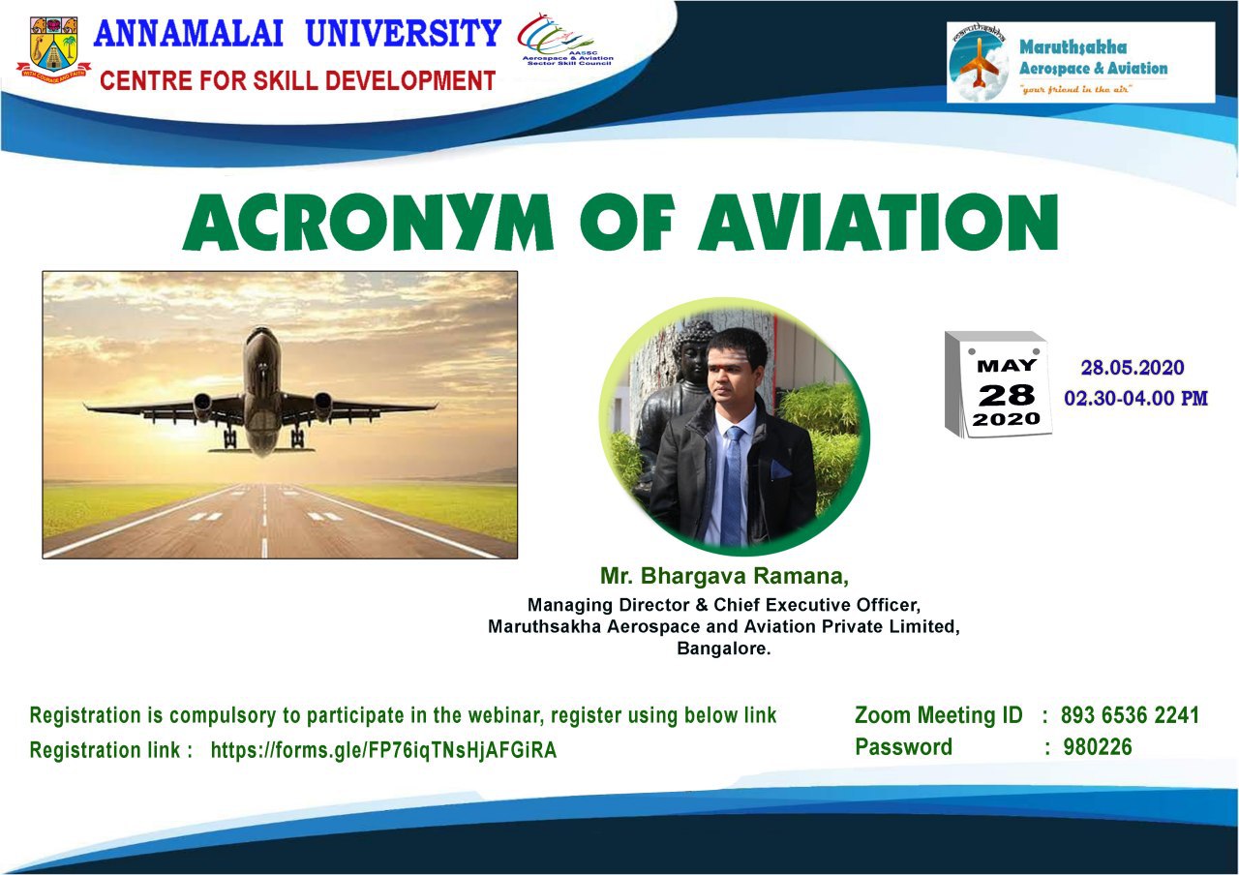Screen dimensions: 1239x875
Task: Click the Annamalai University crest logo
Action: click(x=53, y=50)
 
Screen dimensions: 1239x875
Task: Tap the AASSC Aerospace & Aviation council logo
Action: click(x=565, y=40)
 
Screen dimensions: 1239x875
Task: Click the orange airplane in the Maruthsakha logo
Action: click(x=979, y=63)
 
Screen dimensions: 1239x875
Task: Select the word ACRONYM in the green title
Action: click(x=368, y=222)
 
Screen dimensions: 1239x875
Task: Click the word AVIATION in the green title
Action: click(x=879, y=222)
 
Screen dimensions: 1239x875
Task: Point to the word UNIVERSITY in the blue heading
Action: click(x=404, y=33)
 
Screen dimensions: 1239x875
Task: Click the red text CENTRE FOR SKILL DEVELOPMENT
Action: click(x=297, y=80)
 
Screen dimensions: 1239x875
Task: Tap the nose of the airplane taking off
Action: click(x=261, y=336)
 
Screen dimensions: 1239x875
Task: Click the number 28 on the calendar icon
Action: click(x=1006, y=396)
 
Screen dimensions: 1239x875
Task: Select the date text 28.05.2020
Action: click(x=1133, y=368)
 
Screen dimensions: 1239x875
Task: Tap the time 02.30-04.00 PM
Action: click(x=1135, y=398)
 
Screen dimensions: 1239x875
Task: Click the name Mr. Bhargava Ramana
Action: click(x=724, y=576)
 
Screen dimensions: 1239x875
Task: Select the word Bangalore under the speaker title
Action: click(x=723, y=649)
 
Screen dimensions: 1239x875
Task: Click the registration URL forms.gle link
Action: click(x=384, y=750)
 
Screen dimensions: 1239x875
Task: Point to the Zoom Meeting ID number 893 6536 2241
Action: click(x=1130, y=714)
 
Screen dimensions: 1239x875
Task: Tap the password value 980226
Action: click(x=1098, y=747)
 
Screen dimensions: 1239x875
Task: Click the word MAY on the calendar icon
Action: click(x=1007, y=366)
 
